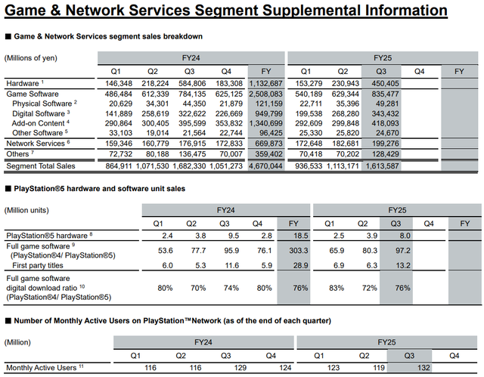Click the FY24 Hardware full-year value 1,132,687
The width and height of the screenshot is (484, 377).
click(267, 82)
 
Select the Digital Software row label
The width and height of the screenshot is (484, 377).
click(39, 112)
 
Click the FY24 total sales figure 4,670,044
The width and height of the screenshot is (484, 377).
click(267, 165)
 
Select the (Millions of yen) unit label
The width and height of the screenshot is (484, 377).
click(32, 57)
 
